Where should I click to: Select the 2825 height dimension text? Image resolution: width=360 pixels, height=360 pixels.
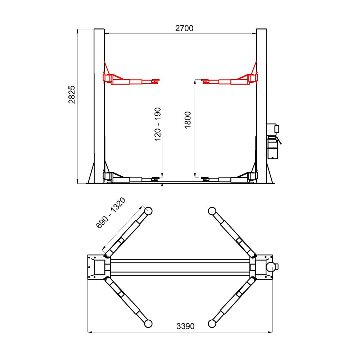click(x=72, y=95)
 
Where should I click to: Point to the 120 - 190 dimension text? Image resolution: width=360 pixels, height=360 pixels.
click(x=158, y=124)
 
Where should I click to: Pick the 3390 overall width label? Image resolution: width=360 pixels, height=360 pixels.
click(x=185, y=326)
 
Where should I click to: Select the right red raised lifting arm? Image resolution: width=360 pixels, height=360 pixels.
click(x=230, y=80)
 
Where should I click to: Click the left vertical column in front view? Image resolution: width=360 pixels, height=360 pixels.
click(x=99, y=104)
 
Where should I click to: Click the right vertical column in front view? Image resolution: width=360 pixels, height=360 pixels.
click(x=261, y=104)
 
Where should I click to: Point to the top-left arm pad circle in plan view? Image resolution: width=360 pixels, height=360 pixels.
click(x=148, y=211)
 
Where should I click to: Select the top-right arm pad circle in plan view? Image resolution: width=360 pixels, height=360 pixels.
click(x=212, y=211)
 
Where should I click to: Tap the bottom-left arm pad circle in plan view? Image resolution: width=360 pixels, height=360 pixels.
click(x=148, y=324)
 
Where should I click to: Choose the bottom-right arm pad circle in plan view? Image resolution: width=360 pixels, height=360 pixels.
click(x=212, y=324)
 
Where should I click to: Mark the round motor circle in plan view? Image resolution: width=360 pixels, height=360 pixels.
click(x=271, y=267)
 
